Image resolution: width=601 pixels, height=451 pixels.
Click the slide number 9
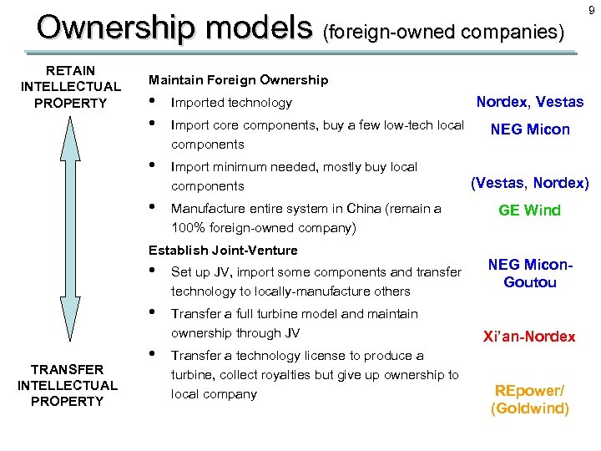(590, 10)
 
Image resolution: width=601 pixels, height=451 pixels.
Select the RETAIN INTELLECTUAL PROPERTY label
(70, 87)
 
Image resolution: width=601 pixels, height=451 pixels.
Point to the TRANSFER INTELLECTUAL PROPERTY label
(68, 385)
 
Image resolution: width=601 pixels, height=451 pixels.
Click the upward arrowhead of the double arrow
(70, 126)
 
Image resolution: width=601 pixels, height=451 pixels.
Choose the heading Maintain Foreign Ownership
(238, 80)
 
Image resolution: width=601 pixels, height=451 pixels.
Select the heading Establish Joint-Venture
(223, 250)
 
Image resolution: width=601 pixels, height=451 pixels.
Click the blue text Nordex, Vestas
(529, 102)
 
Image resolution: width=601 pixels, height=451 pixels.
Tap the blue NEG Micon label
(530, 129)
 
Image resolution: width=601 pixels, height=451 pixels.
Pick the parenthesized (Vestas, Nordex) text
(530, 182)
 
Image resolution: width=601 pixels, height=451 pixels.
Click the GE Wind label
(529, 210)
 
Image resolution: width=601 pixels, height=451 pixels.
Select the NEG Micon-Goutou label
(530, 273)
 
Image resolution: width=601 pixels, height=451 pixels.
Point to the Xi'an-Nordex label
(529, 337)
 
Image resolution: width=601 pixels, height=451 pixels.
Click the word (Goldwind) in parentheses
(530, 408)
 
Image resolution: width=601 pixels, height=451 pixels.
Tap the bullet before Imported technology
(151, 102)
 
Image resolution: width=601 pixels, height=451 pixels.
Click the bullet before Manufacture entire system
(151, 208)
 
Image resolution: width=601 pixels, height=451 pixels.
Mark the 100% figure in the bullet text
(188, 228)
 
